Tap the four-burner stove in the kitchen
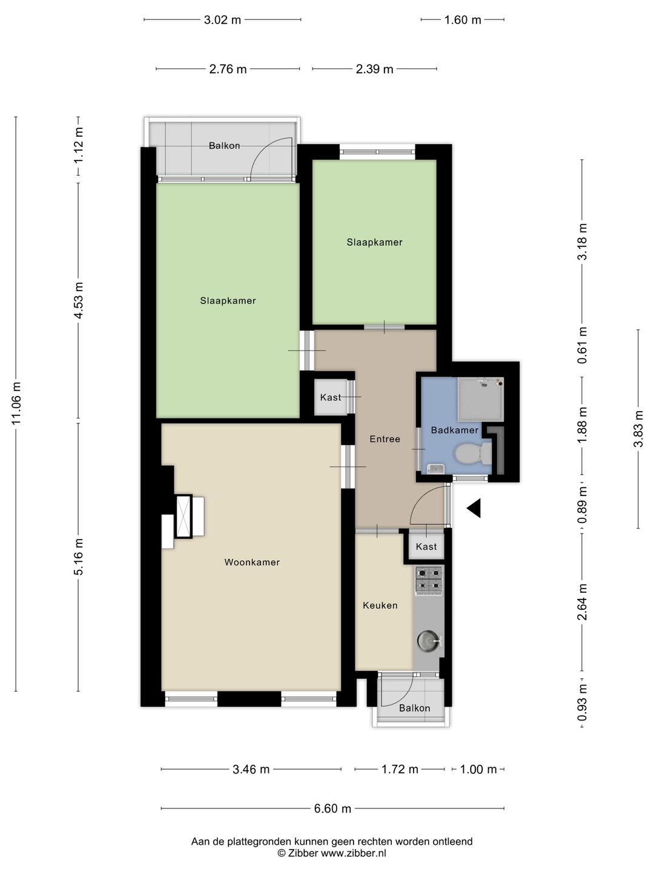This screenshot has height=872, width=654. [429, 580]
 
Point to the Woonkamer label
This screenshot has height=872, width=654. [252, 562]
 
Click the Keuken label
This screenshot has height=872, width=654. [380, 606]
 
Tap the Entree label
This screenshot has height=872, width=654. [385, 439]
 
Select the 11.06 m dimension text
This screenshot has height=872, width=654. [16, 403]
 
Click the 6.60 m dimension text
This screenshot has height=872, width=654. [332, 808]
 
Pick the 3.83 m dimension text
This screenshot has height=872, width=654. [638, 428]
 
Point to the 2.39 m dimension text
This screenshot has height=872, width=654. [374, 69]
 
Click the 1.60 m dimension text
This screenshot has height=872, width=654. [463, 20]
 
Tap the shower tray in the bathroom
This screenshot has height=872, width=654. [480, 399]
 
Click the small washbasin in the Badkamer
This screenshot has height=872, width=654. [435, 469]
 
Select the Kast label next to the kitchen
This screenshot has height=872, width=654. [426, 547]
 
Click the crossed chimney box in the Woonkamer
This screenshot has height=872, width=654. [184, 517]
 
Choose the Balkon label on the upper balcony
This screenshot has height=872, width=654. [224, 146]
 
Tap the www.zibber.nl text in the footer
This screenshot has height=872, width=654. [354, 853]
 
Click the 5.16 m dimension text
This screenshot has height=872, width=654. [79, 557]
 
